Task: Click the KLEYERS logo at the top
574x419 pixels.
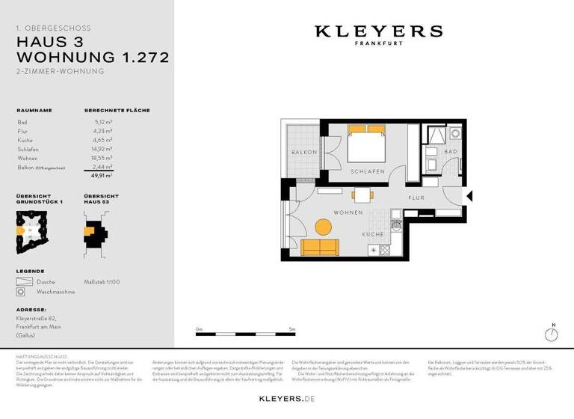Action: point(378,32)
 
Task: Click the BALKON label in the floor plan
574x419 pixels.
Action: point(304,152)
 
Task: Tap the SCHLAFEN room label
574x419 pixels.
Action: point(367,172)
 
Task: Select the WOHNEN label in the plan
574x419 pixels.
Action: point(348,212)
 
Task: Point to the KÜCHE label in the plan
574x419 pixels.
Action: point(374,234)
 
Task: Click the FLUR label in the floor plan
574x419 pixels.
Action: point(416,198)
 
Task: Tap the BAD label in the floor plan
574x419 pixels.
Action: point(450,152)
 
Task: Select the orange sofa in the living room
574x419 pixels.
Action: point(319,248)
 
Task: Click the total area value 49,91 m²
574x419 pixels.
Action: point(102,176)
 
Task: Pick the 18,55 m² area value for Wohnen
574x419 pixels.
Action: point(103,158)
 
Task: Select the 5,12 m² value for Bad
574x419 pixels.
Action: point(103,121)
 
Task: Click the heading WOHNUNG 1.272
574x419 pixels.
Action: point(92,57)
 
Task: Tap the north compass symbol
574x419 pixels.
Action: point(553,334)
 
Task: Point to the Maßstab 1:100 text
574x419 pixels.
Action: point(102,281)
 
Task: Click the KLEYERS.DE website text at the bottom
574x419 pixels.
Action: point(287,400)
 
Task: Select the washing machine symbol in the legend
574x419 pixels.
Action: point(22,291)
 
